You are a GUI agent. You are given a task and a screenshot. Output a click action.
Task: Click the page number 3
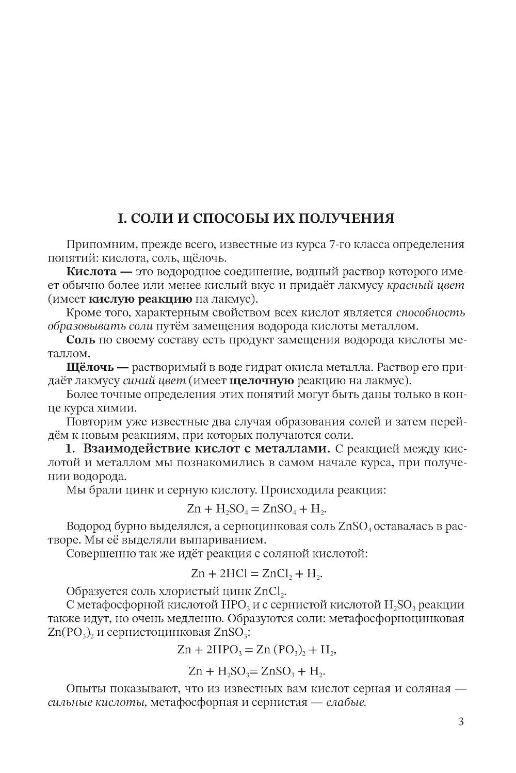pos(460,721)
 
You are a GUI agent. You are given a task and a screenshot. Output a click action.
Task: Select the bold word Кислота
pos(92,271)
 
